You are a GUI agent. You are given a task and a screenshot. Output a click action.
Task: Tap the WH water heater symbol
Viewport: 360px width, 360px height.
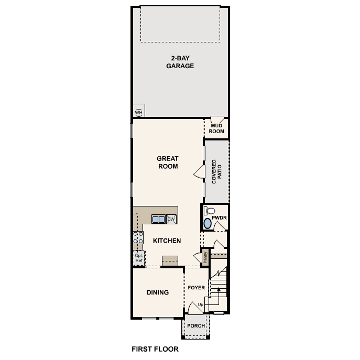click(x=139, y=112)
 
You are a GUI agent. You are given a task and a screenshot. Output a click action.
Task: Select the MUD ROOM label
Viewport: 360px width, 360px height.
click(x=217, y=128)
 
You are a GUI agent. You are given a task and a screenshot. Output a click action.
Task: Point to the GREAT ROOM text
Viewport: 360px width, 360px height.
click(x=168, y=162)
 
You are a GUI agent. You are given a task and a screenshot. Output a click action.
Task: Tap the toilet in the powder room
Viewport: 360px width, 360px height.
click(x=207, y=212)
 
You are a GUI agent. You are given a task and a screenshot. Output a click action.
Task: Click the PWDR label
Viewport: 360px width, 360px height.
click(x=219, y=216)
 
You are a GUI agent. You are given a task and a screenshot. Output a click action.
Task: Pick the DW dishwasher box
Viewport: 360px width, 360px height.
click(x=171, y=219)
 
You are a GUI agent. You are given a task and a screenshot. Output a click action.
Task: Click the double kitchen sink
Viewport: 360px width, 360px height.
click(x=158, y=219)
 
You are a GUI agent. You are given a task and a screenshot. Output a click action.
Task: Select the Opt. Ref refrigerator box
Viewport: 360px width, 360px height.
click(x=139, y=257)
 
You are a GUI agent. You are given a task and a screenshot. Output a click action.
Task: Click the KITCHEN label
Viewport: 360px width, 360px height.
click(x=167, y=241)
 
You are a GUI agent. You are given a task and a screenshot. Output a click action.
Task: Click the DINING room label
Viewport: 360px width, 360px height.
click(x=158, y=292)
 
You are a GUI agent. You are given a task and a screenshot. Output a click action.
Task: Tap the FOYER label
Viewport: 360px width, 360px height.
click(x=197, y=288)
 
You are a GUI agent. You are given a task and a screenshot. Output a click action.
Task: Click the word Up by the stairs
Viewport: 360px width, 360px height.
click(x=201, y=304)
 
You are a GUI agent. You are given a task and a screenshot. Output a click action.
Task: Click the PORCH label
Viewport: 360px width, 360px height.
click(x=197, y=325)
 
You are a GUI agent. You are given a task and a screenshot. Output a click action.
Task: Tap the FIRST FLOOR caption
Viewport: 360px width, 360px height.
click(x=155, y=348)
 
